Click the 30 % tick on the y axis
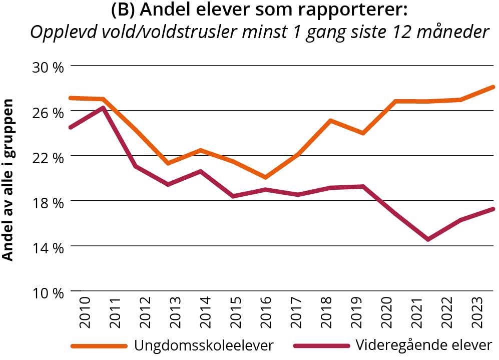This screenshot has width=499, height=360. click(x=49, y=67)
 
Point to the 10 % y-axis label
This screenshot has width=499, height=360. click(x=49, y=292)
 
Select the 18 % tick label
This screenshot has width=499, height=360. click(x=49, y=202)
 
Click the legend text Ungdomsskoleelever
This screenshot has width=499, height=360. click(x=204, y=345)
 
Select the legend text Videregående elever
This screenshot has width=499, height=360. click(x=424, y=345)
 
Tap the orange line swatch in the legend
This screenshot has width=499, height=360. click(x=99, y=346)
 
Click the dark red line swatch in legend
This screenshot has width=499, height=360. click(x=320, y=346)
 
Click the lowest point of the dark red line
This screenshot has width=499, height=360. click(x=428, y=239)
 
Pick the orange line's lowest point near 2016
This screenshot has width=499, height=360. click(x=265, y=177)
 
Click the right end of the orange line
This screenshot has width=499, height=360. click(x=493, y=87)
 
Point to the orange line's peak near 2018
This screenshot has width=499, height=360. click(x=330, y=121)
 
